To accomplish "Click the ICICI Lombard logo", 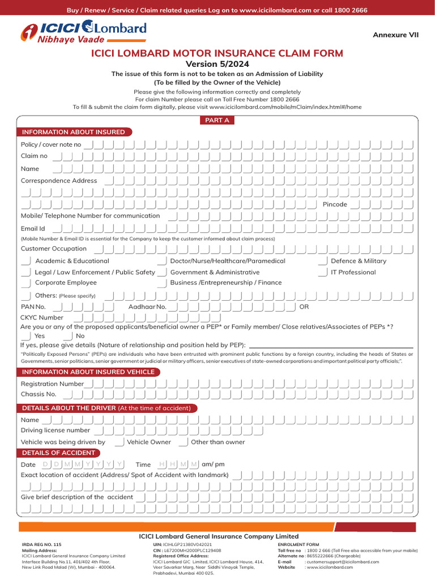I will point(83,32).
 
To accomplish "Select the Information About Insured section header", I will point(73,132).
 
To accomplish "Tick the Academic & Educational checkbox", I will point(26,261).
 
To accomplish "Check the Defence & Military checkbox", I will point(323,261).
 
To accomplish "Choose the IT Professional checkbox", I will point(323,272).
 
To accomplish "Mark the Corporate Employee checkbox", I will point(26,283).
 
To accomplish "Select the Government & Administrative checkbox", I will point(161,272).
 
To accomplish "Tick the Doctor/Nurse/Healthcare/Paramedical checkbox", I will point(161,261).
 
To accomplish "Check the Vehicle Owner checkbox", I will point(119,442).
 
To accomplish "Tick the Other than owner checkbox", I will point(183,442).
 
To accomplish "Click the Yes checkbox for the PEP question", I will point(26,336).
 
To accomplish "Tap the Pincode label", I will point(334,204).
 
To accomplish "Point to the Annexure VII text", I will point(395,35).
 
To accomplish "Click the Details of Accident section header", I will point(58,453).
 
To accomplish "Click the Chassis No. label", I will point(39,394).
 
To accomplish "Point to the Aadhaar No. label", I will point(147,307).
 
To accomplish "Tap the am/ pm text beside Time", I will point(213,464).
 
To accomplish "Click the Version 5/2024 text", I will point(217,64).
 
